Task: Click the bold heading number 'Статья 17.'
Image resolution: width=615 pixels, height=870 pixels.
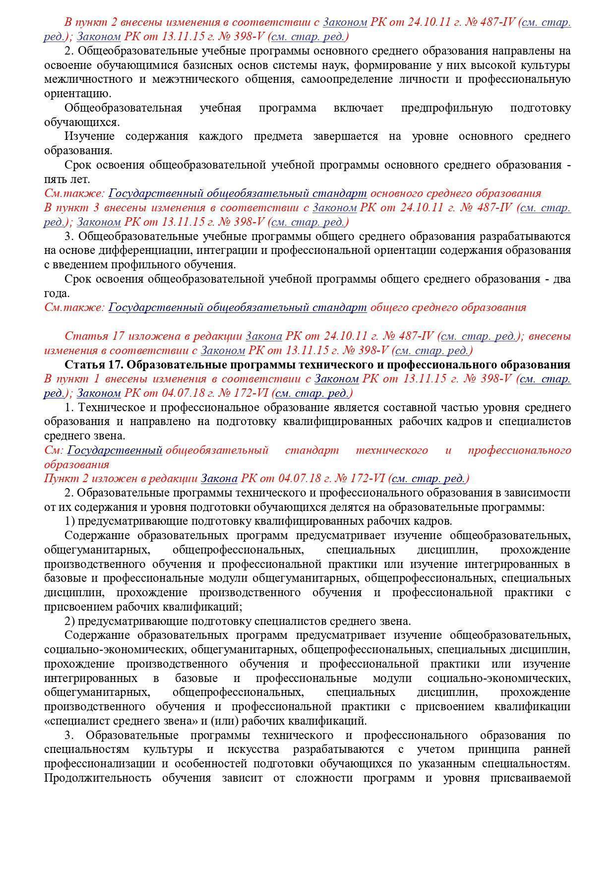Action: point(94,365)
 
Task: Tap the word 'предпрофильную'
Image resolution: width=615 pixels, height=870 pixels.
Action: point(446,108)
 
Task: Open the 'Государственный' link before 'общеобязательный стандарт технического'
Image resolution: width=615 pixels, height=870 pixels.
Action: point(115,450)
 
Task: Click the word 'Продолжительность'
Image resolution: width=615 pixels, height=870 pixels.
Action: point(98,778)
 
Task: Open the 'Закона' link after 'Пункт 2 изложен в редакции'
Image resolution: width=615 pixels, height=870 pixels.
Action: point(219,479)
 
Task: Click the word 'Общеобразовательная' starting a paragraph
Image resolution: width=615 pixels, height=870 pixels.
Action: point(123,108)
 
